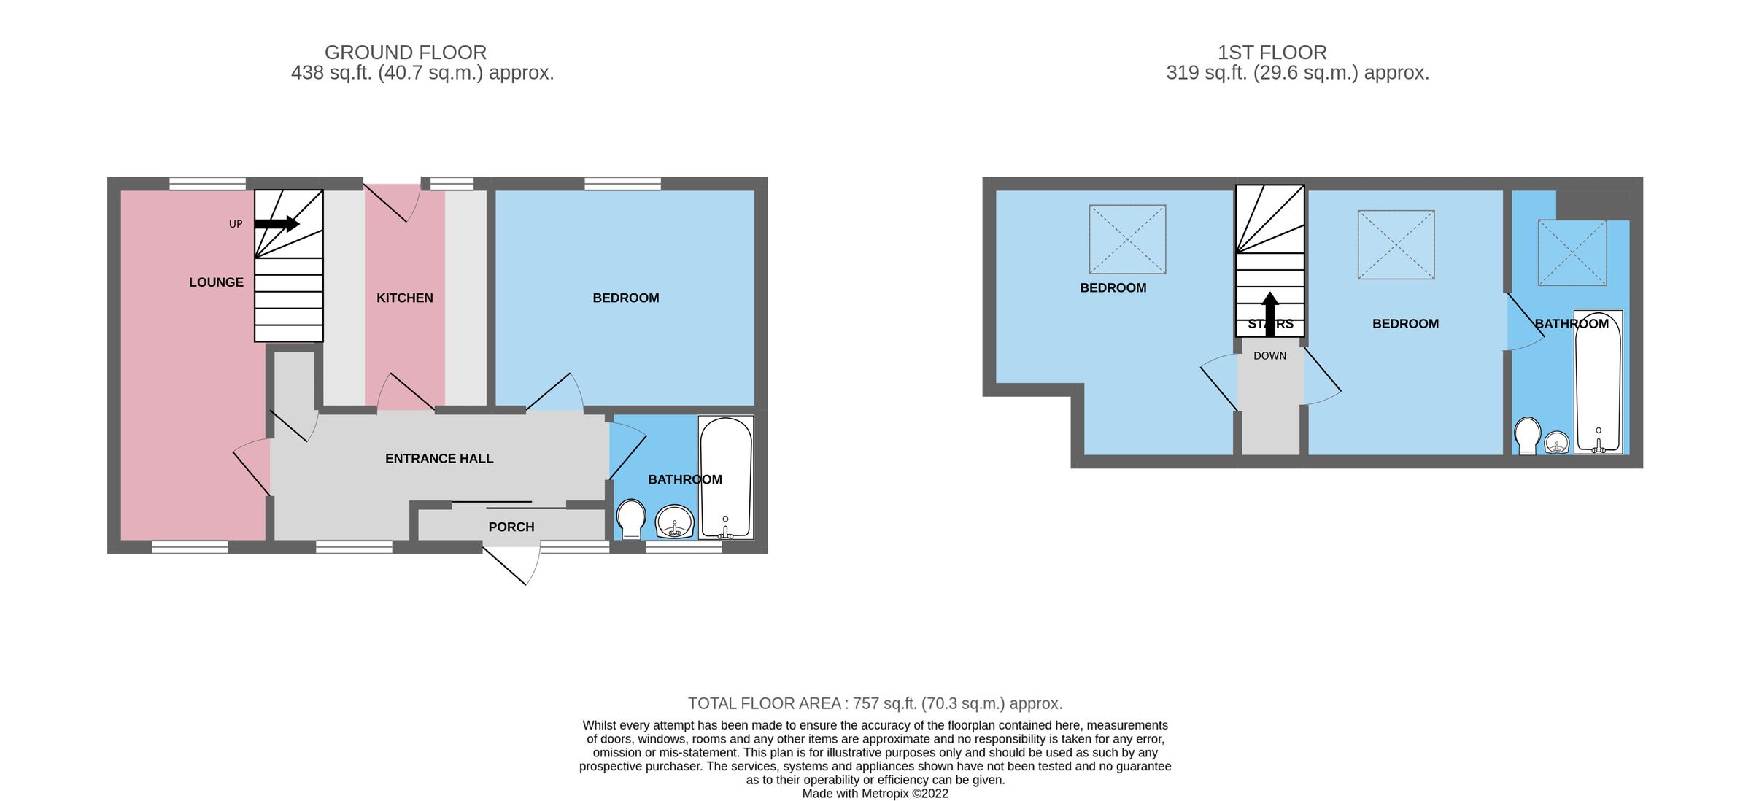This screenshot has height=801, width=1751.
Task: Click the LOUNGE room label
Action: click(216, 282)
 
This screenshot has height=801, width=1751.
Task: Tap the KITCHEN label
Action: click(405, 298)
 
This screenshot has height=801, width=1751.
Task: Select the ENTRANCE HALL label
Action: click(439, 458)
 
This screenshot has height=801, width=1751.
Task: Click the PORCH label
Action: click(511, 527)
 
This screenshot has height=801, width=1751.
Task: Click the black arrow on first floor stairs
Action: click(1270, 314)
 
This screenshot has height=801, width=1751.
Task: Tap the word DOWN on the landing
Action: click(1269, 356)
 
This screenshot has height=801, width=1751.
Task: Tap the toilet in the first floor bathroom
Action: click(1527, 436)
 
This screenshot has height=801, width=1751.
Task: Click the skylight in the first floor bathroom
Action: click(1572, 252)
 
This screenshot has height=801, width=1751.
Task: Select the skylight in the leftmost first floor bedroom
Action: click(1127, 239)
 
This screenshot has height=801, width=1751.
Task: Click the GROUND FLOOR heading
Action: click(406, 53)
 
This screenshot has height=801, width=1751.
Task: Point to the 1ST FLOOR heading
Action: click(1272, 53)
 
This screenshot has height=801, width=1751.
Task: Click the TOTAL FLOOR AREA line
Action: click(875, 703)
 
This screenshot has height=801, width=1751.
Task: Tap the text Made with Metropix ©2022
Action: click(875, 793)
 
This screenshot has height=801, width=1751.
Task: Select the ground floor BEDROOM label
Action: click(625, 298)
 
